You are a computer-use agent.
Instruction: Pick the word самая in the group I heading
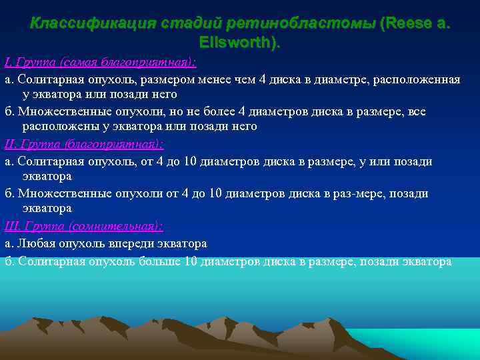pos(79,63)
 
